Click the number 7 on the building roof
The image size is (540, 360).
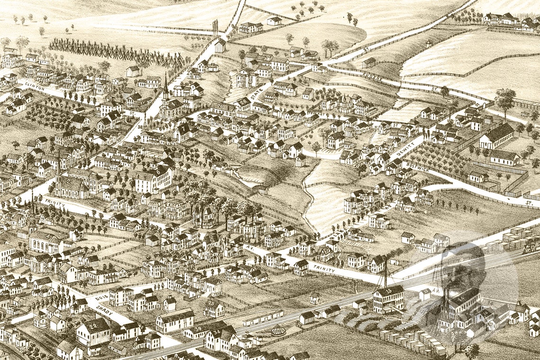[x=183, y=128]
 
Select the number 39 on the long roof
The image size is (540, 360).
[x=198, y=328]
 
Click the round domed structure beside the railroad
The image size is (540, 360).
[x=278, y=329]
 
